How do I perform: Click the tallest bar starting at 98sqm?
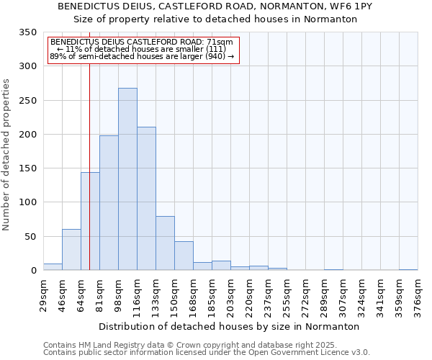[x=127, y=179]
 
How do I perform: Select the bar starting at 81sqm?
[x=109, y=203]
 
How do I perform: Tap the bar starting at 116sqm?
[x=146, y=199]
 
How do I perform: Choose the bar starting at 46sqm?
[x=71, y=250]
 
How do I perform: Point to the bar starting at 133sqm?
[x=165, y=243]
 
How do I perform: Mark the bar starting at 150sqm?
[x=184, y=256]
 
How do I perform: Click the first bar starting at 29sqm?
[x=53, y=267]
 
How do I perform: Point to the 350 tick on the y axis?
[x=28, y=32]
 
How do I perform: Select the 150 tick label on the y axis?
[x=28, y=168]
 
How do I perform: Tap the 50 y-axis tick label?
[x=31, y=236]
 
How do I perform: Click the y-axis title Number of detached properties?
[x=7, y=155]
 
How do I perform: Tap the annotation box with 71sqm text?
[x=143, y=50]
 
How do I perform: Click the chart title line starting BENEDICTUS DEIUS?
[x=215, y=6]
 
